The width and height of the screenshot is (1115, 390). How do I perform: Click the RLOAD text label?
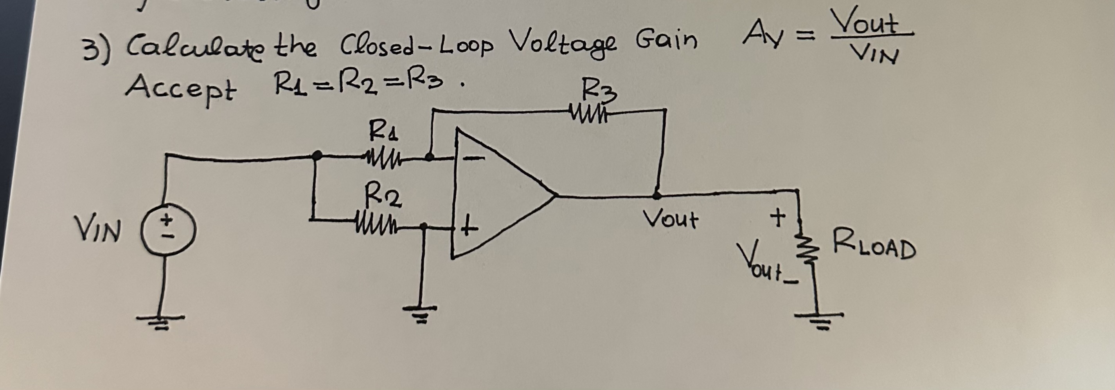[x=874, y=249]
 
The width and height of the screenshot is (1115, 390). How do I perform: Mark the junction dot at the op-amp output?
[x=656, y=196]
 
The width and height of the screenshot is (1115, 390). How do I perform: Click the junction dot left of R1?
[x=317, y=155]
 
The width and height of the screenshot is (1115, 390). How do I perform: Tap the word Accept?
[x=181, y=88]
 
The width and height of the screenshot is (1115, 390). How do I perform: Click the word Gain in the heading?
[x=666, y=41]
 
